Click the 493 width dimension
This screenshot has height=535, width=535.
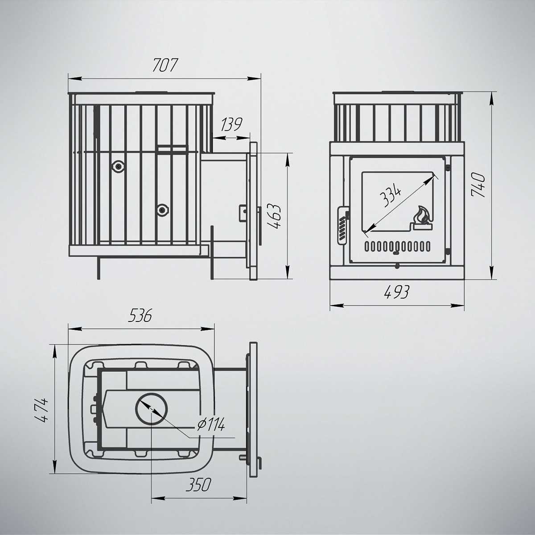pos(397,292)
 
